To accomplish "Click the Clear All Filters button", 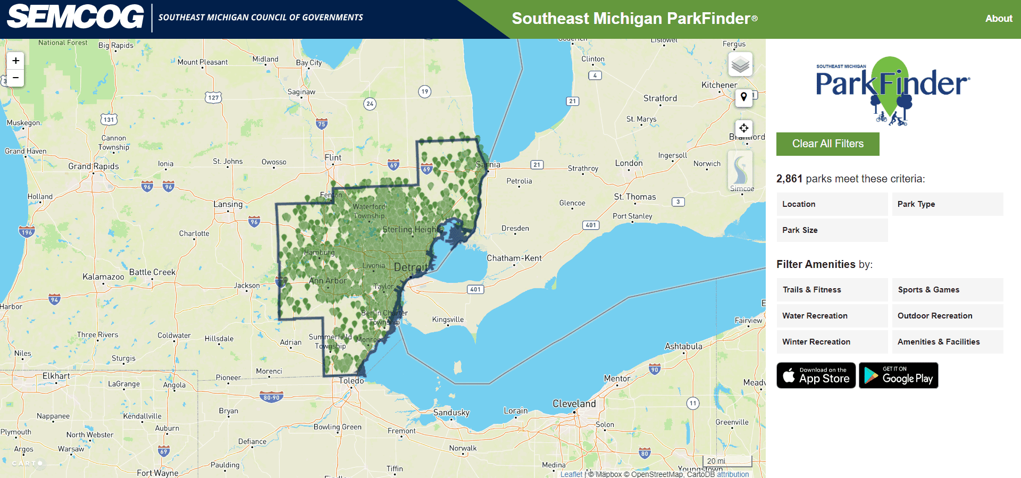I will click(x=827, y=144).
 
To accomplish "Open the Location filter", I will click(x=832, y=204).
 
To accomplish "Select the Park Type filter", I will click(x=947, y=204).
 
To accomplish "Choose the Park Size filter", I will click(x=832, y=230).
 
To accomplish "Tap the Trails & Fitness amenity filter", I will click(x=832, y=290).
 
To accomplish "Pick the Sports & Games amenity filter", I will click(x=947, y=290).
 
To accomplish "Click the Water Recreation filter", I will click(x=832, y=316).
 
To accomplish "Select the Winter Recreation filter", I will click(x=832, y=342).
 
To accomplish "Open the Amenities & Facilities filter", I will click(x=947, y=342).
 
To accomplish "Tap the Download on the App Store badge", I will click(x=816, y=375).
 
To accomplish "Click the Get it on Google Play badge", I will click(x=898, y=375).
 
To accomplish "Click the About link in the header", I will click(x=999, y=19).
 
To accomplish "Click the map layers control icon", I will click(x=740, y=65).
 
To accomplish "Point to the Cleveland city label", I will click(x=574, y=404).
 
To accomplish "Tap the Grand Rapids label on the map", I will click(x=94, y=166).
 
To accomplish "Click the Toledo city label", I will click(x=352, y=381).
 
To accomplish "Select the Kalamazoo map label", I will click(x=103, y=277).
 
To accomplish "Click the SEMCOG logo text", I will click(x=76, y=17).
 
